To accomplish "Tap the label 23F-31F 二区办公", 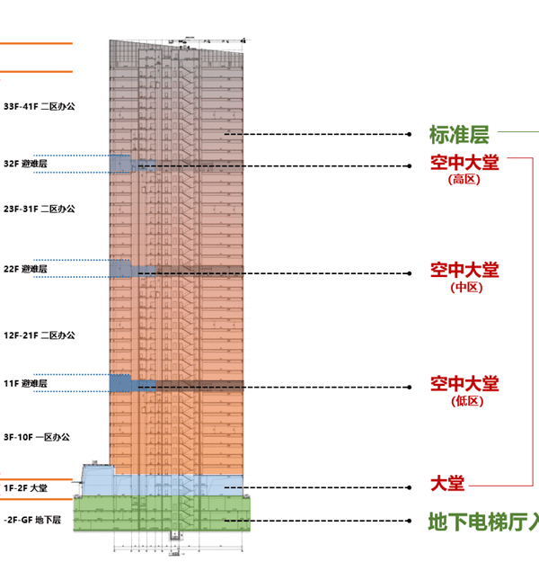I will click(40, 209).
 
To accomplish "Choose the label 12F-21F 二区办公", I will click(40, 335).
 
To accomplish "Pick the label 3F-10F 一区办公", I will click(37, 437).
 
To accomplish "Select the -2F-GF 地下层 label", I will click(31, 520).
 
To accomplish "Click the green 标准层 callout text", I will click(458, 136).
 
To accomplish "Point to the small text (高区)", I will click(464, 179).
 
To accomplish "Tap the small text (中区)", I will click(464, 287).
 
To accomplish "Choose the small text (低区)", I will click(464, 401).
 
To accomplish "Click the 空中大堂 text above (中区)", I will click(464, 270).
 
